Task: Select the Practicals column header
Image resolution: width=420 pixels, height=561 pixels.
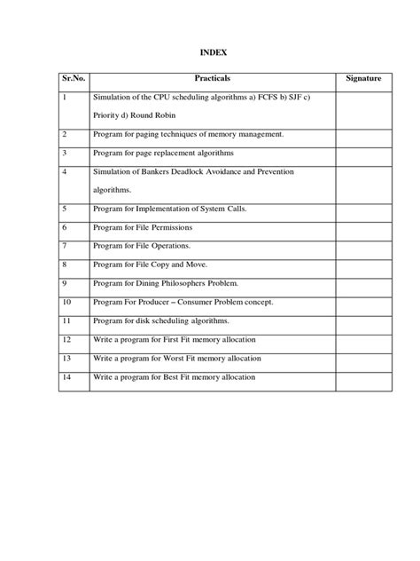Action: (212, 79)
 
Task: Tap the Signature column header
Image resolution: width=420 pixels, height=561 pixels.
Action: (363, 79)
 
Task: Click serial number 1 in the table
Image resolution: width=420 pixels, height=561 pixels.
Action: (66, 98)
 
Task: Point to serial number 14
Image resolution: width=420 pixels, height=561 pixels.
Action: (67, 377)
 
